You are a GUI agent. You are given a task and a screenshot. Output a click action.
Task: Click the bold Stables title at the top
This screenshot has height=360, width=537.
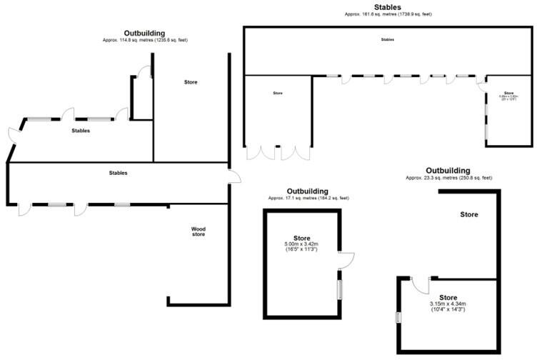pos(387,7)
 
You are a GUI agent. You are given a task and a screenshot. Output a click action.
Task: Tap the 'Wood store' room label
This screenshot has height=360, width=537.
pos(199,231)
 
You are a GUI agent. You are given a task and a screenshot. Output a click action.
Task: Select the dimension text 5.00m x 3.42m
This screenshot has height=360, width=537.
pos(301,244)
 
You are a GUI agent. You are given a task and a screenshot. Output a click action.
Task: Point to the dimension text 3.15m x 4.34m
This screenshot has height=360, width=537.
pos(448,304)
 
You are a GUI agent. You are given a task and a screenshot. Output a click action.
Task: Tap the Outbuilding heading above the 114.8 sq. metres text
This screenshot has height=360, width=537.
pos(145,33)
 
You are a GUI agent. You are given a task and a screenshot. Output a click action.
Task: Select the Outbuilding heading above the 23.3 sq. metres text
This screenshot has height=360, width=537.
pos(448,170)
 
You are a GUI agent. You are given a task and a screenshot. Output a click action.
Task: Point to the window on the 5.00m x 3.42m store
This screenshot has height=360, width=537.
pos(339,290)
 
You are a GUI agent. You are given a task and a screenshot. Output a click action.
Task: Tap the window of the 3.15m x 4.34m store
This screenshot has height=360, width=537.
pos(398,317)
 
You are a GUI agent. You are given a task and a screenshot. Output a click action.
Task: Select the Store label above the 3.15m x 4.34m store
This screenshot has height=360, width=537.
pos(468,214)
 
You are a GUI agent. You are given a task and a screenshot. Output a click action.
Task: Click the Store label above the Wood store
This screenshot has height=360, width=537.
pos(191,82)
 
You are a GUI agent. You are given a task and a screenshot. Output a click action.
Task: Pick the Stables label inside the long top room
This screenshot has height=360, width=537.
pos(387,40)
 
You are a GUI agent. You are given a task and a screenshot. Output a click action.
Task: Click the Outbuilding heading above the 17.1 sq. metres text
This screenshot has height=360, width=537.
pos(308,191)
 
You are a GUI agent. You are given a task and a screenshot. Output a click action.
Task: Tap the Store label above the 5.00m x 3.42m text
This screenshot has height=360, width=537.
pos(301,237)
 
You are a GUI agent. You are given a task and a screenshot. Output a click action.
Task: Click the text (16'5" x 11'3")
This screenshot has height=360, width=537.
pos(301,249)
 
